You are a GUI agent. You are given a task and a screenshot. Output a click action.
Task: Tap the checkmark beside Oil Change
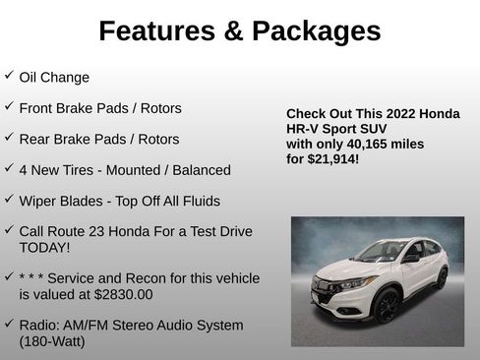(x=9, y=75)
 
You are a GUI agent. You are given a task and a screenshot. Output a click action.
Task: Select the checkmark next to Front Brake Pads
(x=9, y=106)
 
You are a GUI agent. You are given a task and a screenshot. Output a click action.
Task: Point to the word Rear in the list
(x=35, y=139)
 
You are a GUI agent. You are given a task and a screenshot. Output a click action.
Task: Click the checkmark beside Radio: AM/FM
(x=9, y=324)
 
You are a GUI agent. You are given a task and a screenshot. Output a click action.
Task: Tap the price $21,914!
(x=336, y=158)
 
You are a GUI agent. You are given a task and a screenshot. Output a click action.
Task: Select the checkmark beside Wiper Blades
(x=9, y=199)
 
